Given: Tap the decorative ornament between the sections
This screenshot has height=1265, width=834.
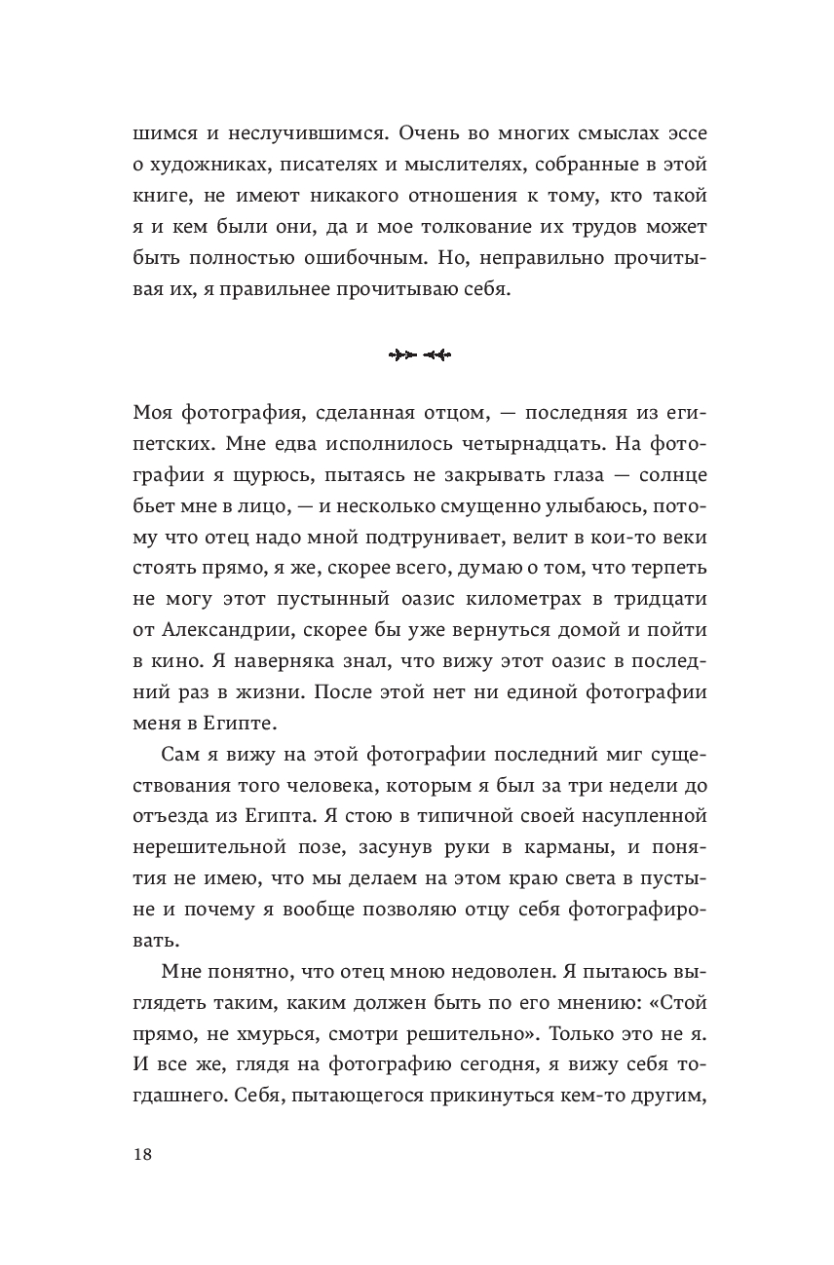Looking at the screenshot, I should coord(419,354).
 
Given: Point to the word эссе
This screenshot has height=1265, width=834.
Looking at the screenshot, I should coord(678,134).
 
